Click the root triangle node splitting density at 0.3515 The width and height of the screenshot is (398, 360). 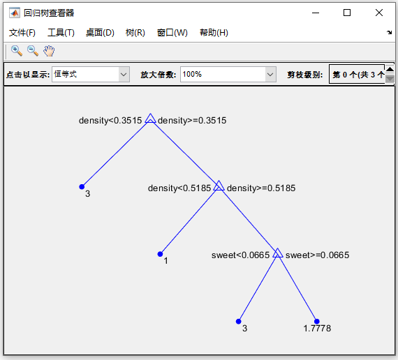click(x=150, y=119)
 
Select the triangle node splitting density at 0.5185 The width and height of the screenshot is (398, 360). click(x=219, y=186)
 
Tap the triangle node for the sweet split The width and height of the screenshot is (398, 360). click(x=278, y=253)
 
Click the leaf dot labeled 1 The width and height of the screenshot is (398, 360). click(x=160, y=254)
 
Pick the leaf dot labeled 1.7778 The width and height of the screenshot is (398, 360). click(x=316, y=322)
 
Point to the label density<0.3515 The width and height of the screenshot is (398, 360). click(x=110, y=121)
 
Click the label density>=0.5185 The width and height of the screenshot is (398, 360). click(x=261, y=188)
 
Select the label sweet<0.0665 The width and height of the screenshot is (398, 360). click(x=240, y=255)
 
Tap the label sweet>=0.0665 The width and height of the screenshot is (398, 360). click(x=317, y=255)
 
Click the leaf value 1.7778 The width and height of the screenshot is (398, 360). click(x=317, y=329)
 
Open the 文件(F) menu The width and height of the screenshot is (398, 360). click(x=22, y=33)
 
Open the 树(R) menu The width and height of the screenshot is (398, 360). click(x=135, y=33)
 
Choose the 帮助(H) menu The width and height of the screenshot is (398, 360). click(x=214, y=33)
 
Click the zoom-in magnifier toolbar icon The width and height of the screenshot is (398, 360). click(x=17, y=51)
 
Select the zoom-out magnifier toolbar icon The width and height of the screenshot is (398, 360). click(x=33, y=51)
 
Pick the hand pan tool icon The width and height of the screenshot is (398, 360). click(x=49, y=51)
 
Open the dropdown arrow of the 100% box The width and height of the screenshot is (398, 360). click(x=270, y=75)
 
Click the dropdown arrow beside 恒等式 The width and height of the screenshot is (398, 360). click(x=124, y=75)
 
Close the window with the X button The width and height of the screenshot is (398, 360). click(x=379, y=13)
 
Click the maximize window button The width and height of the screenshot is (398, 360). click(x=347, y=13)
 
